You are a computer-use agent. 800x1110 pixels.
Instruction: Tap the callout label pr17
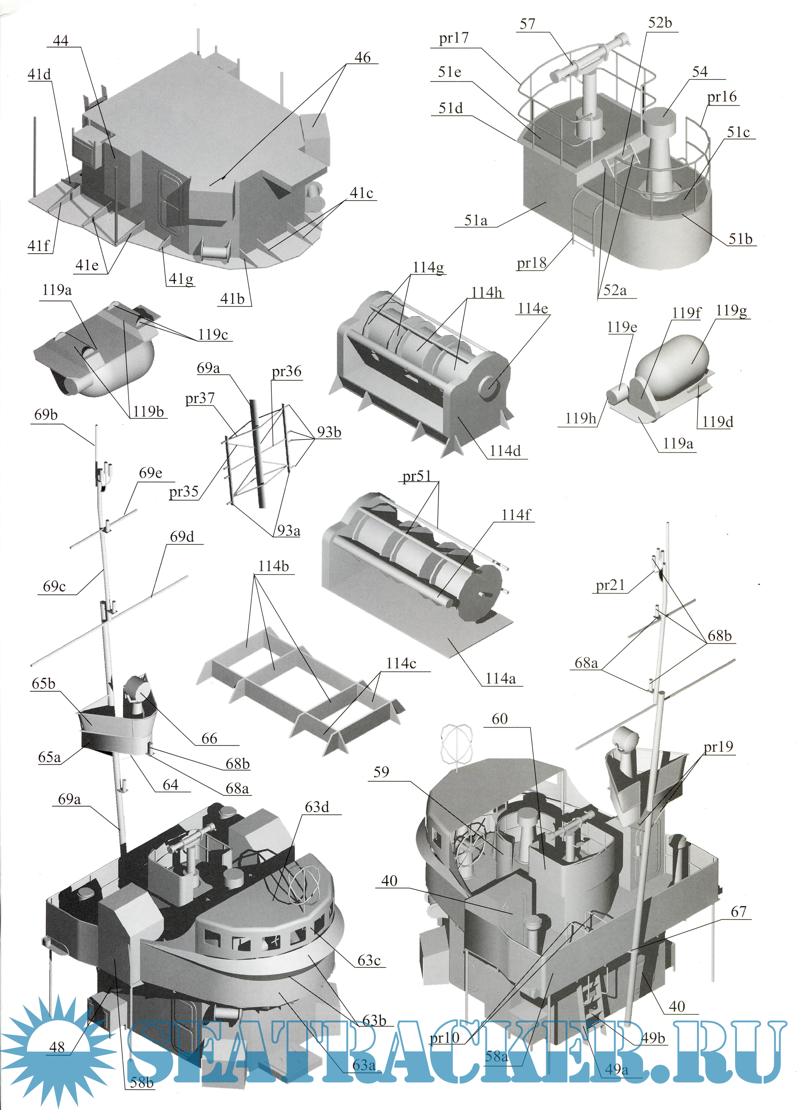pos(454,38)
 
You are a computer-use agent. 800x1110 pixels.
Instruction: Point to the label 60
pos(500,719)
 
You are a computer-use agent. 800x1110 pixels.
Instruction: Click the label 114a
pos(500,678)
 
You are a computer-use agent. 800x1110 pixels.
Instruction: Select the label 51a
pos(476,221)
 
